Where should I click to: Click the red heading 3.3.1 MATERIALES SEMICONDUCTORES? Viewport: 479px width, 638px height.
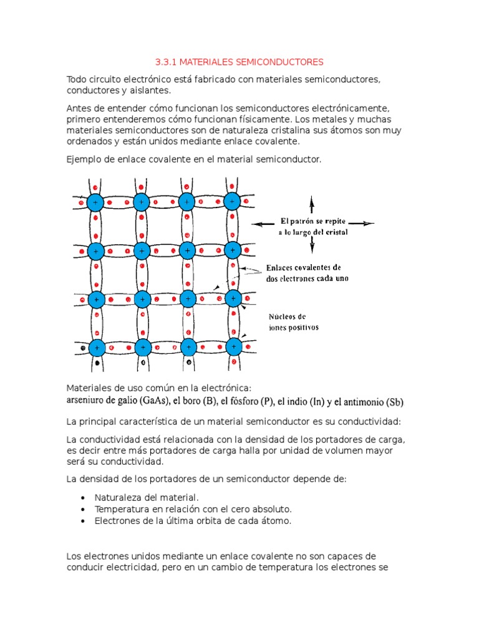tap(239, 62)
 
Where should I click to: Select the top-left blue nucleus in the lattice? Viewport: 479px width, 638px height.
tap(95, 202)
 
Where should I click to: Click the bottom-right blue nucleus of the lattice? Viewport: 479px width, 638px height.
tap(233, 346)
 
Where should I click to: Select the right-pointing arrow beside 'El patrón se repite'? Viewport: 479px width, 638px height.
tap(365, 223)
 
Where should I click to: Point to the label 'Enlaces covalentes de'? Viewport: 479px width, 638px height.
tap(303, 267)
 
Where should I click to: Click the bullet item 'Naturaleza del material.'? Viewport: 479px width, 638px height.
tap(146, 497)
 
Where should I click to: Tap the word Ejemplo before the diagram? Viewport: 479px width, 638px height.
tap(84, 159)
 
